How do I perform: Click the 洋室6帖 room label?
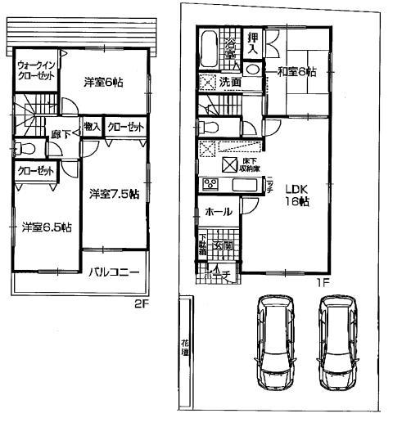coord(103,81)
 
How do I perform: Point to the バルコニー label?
coord(114,272)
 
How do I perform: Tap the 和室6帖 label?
coord(296,71)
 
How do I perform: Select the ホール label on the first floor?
coord(217,211)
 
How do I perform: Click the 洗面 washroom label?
coord(228,82)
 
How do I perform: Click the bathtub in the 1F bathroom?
coord(208,48)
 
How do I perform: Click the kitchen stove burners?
coord(209,183)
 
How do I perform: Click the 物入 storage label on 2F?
coord(92,128)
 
